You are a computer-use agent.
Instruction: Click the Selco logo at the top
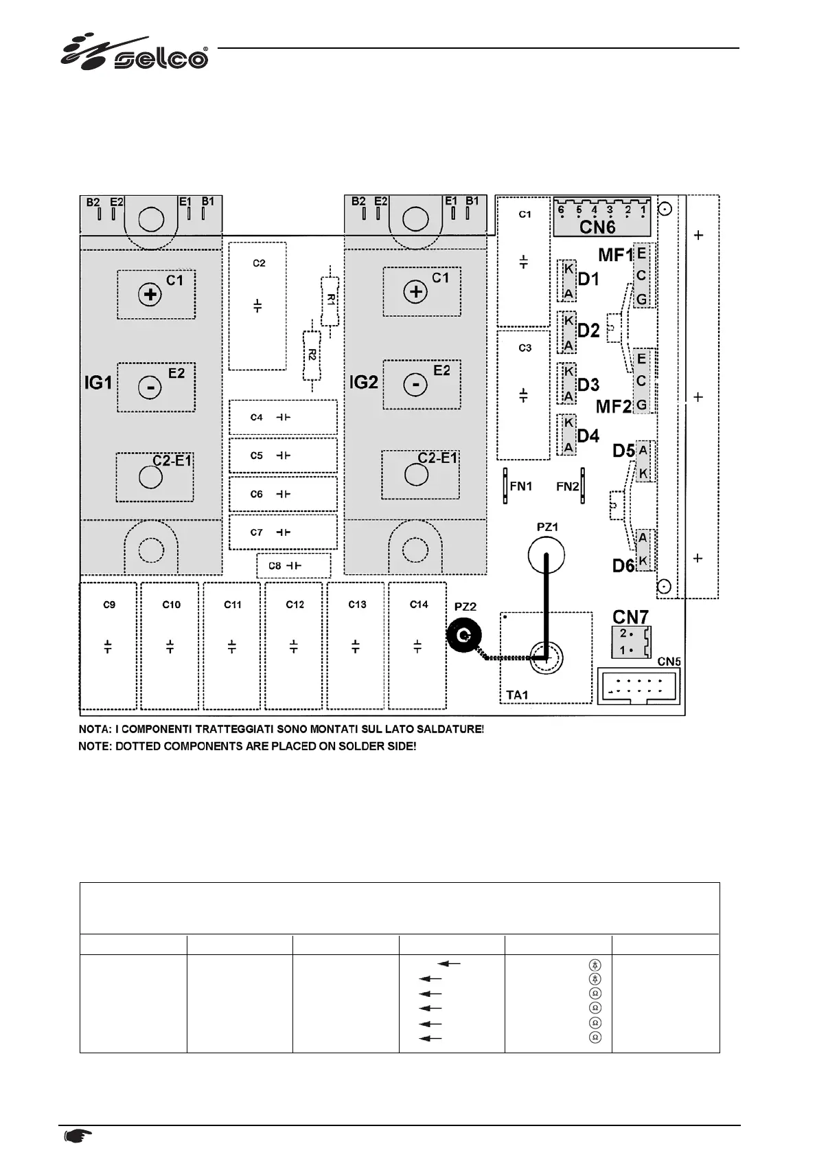pos(135,52)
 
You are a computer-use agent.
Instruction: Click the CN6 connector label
pos(597,226)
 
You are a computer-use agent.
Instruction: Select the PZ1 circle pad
pos(546,553)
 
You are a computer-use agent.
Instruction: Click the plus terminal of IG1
pos(150,295)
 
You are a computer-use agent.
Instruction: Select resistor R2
pos(312,355)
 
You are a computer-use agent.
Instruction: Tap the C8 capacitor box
pos(294,565)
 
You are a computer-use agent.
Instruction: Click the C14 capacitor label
pos(418,605)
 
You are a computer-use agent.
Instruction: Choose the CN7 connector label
pos(630,616)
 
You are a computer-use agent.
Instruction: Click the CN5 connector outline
pos(638,686)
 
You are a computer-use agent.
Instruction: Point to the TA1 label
pos(517,695)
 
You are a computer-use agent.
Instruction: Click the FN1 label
pos(521,486)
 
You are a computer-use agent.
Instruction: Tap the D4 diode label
pos(588,436)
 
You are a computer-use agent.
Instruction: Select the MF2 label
pos(613,406)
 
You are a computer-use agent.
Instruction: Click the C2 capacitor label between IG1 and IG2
pos(259,263)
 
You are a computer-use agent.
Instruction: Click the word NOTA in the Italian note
pos(94,728)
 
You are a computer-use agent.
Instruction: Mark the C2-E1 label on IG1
pos(172,461)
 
